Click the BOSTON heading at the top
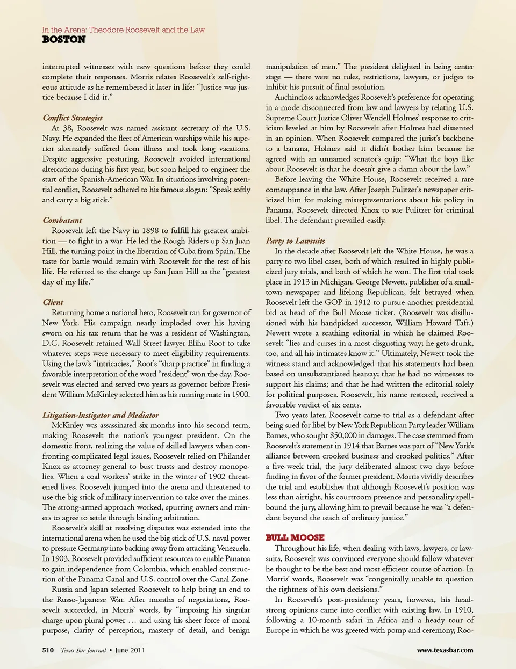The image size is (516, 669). pyautogui.click(x=63, y=40)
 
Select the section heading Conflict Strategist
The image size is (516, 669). pyautogui.click(x=73, y=118)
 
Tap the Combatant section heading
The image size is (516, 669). pyautogui.click(x=62, y=220)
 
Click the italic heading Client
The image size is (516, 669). pyautogui.click(x=53, y=302)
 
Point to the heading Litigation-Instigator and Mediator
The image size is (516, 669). pyautogui.click(x=101, y=415)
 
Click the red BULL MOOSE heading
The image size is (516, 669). pyautogui.click(x=295, y=537)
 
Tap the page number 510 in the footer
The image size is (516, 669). pyautogui.click(x=48, y=650)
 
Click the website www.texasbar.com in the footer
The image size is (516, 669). pyautogui.click(x=445, y=650)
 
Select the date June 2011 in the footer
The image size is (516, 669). pyautogui.click(x=130, y=650)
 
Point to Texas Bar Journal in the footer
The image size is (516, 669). pyautogui.click(x=83, y=650)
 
